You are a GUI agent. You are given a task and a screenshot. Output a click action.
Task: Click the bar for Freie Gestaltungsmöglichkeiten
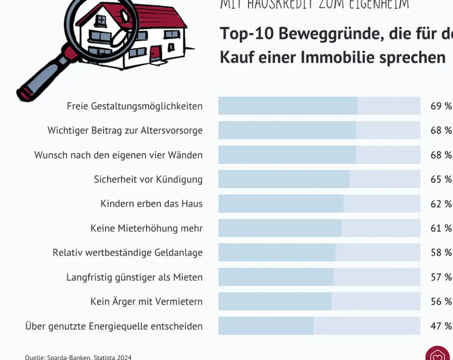point(288,106)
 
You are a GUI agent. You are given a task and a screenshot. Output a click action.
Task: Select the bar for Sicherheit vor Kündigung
point(284,179)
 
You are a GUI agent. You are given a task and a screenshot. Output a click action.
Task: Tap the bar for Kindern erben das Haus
point(281,203)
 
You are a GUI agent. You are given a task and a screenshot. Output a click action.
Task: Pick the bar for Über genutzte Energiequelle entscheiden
point(266,326)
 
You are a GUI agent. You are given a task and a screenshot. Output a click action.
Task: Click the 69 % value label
point(441,106)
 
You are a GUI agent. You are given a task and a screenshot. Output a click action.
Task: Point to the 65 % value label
point(441,179)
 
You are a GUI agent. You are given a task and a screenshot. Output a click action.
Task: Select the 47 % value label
point(441,326)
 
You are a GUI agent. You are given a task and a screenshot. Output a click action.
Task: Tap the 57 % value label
point(441,277)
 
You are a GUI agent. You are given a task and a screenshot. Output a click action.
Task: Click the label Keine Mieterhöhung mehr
point(146,228)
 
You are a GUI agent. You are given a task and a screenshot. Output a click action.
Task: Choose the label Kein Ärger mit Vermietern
point(146,302)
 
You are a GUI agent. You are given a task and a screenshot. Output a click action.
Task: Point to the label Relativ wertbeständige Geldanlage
point(127,253)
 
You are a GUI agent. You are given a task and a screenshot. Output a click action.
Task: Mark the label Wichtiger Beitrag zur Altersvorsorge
point(125,130)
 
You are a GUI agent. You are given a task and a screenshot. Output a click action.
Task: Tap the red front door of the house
point(155,54)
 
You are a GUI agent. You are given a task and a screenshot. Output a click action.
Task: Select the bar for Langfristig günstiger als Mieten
point(276,277)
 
